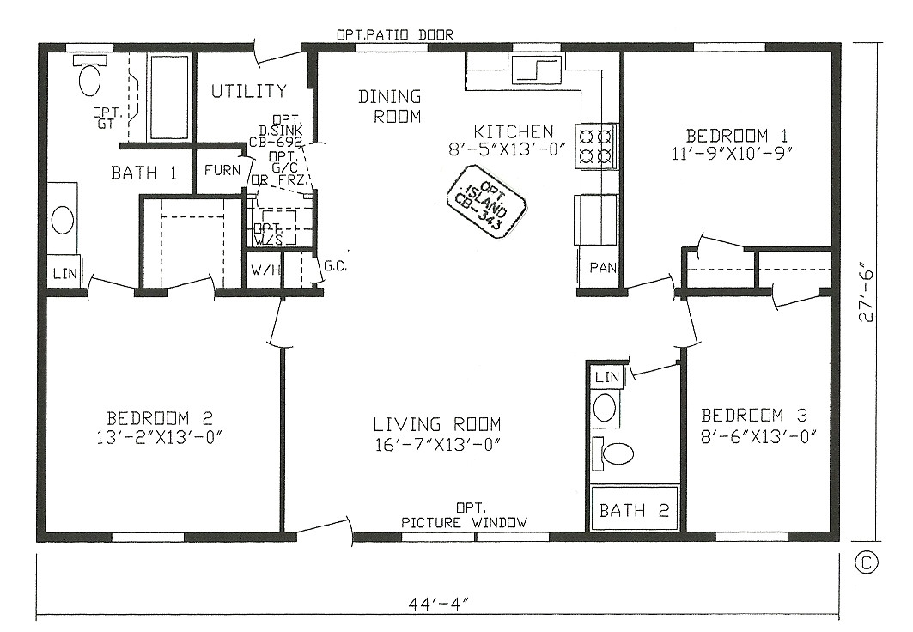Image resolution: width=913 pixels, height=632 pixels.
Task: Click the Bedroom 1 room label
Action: pos(737,135)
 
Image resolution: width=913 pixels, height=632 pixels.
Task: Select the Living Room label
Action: pos(436,424)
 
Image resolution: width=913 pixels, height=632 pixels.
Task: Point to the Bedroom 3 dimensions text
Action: pos(753,437)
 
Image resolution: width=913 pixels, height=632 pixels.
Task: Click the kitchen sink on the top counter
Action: pos(536,70)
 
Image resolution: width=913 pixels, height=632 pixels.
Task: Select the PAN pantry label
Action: pos(602,268)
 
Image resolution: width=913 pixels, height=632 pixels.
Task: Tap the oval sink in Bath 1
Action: pos(63,220)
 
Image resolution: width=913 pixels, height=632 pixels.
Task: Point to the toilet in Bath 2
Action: pos(615,453)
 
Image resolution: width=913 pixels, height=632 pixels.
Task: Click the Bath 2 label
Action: pos(634,511)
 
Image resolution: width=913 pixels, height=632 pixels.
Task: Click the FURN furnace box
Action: pos(222,170)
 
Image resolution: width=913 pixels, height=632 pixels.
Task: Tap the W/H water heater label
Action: pos(264,272)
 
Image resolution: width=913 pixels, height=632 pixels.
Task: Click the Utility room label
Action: pos(249,91)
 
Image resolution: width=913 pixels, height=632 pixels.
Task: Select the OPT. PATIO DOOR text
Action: pos(395,34)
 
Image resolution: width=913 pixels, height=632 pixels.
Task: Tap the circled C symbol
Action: pos(867,562)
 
